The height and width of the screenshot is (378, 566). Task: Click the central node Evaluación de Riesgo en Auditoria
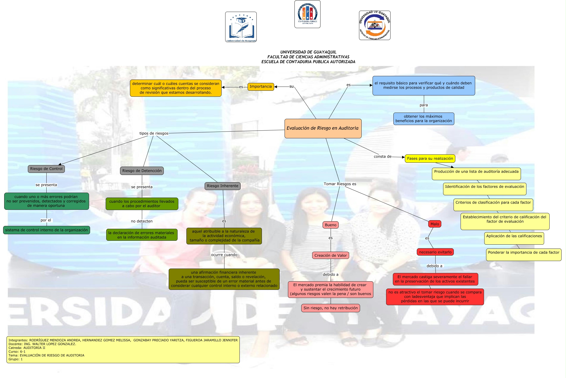coord(323,128)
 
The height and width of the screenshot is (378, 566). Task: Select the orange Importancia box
coord(261,87)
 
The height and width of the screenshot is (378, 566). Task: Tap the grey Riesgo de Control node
coord(46,169)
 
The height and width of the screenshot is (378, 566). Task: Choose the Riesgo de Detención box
coord(142,171)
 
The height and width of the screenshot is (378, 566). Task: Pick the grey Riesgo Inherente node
coord(223,186)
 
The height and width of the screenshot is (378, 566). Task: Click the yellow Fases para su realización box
coord(430,159)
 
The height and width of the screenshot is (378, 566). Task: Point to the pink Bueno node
coord(331,225)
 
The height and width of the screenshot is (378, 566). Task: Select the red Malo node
coord(435,224)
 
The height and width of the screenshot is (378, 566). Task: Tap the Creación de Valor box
coord(331,255)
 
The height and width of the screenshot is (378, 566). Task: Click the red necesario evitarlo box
coord(435,252)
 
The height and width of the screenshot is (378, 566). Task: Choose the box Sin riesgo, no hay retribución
coord(331,308)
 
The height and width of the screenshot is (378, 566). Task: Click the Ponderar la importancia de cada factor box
coord(524,255)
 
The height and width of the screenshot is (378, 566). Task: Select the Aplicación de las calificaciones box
coord(514,238)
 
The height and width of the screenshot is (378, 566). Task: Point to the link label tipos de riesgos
coord(154,133)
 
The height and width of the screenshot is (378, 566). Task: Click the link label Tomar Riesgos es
coord(340,184)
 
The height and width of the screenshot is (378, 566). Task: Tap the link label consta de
coord(382,157)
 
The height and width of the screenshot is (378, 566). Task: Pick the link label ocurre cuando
coord(224,255)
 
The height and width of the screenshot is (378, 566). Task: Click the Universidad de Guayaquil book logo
coord(241,27)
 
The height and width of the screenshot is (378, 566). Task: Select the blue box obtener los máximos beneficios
coord(424,119)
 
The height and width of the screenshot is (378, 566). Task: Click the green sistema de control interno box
coord(47,230)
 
